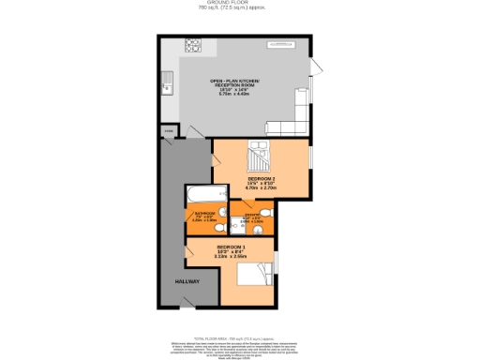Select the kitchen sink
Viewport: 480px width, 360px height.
click(167, 83)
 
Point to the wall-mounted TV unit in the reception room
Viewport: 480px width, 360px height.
click(282, 43)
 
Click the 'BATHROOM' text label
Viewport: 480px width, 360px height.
click(204, 213)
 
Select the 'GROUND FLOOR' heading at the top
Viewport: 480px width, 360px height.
click(238, 3)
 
